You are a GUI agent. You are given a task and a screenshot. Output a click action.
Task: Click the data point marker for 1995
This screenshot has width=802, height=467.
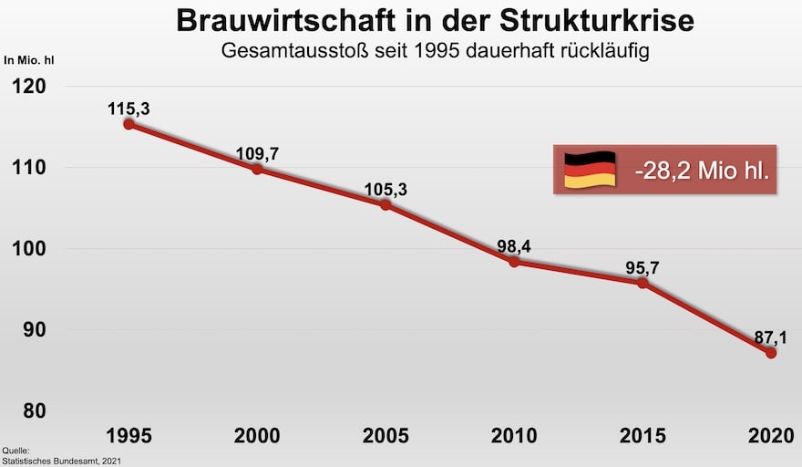[129, 124]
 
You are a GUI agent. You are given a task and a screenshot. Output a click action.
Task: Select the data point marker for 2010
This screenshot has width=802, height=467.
[514, 262]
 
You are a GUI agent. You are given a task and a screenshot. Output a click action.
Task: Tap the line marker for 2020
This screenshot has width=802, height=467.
[771, 353]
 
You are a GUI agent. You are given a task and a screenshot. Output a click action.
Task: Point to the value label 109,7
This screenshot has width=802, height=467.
[257, 153]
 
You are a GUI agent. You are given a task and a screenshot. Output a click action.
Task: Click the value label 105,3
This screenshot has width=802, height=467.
[386, 190]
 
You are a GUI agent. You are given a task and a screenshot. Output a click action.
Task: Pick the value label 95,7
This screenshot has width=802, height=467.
[643, 267]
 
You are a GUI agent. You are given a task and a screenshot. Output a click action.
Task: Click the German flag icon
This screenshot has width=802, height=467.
[590, 170]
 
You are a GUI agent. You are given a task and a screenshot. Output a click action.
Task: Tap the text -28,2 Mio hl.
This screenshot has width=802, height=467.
[699, 170]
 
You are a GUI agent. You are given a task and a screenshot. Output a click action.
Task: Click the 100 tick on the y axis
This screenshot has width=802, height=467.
[29, 249]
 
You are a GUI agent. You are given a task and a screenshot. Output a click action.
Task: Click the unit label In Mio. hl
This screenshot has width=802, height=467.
[30, 61]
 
